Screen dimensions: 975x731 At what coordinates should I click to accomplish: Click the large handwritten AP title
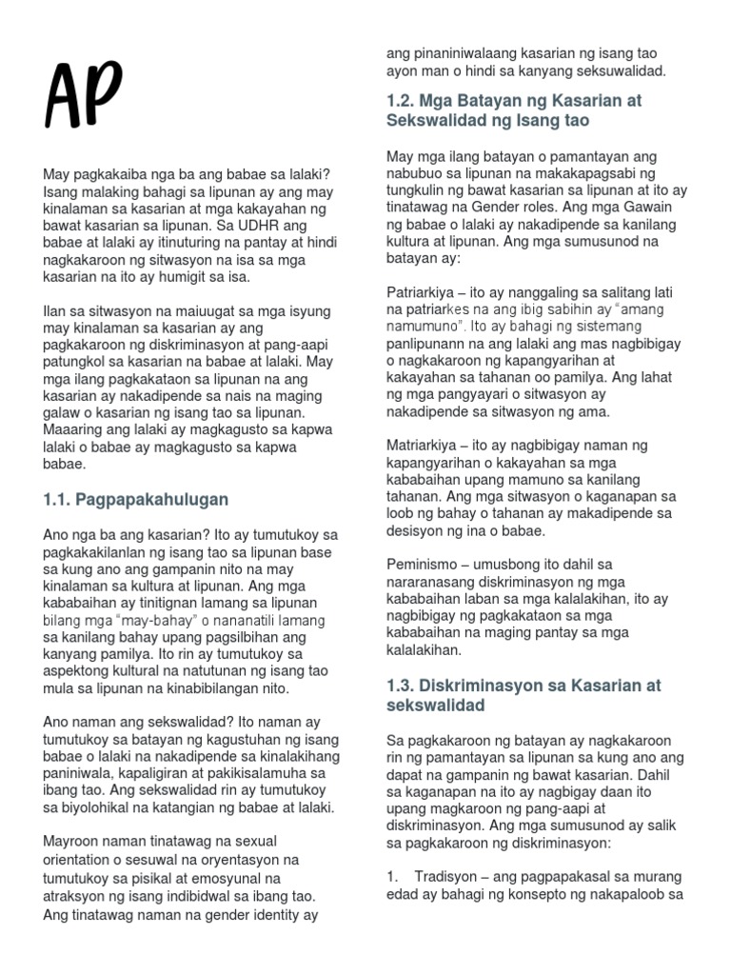coord(83,98)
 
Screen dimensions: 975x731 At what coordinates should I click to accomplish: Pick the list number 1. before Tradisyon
coord(393,877)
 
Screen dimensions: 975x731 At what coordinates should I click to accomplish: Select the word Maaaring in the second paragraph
coord(74,431)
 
